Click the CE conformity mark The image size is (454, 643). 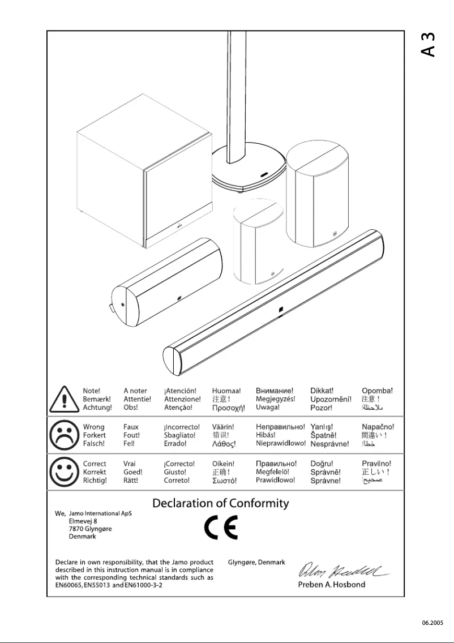[x=221, y=528]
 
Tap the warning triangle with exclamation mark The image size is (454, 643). [x=63, y=400]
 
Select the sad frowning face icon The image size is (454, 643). [x=63, y=435]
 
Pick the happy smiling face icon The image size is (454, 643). [x=63, y=471]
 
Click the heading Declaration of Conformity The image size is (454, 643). [x=221, y=503]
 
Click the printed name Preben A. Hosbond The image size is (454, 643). [x=332, y=584]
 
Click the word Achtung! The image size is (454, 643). [x=97, y=407]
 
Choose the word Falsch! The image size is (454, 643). [x=94, y=444]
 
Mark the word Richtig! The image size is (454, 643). [x=95, y=480]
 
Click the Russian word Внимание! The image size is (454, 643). [x=275, y=391]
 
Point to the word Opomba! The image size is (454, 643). [x=377, y=391]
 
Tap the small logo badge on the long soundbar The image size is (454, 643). [x=281, y=310]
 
